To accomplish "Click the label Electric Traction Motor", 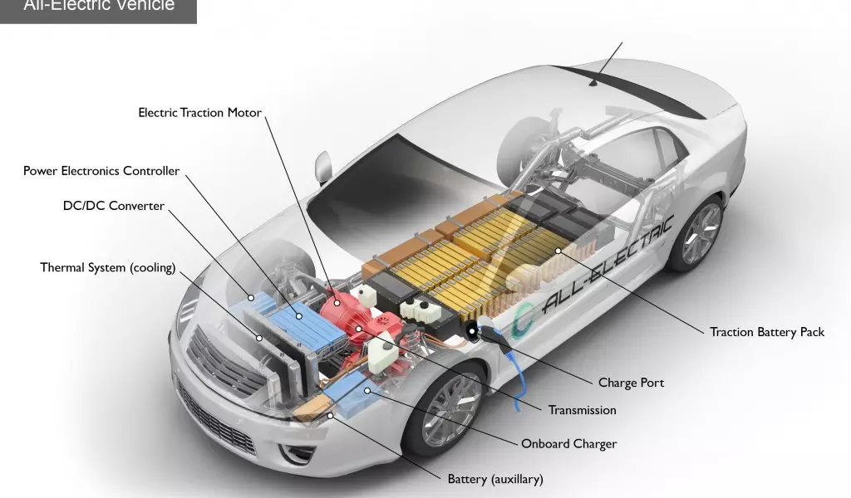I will pos(199,112).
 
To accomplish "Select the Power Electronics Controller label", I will pos(101,171).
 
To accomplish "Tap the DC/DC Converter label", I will pos(114,205).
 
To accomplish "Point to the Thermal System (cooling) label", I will pos(108,267).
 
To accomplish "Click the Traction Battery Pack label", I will pos(766,332).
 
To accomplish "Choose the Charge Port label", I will pos(631,383).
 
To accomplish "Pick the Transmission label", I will pos(582,410).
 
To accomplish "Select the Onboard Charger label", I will pos(568,444).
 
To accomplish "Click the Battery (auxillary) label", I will pos(494,479).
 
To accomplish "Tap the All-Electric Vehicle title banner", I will pos(98,8).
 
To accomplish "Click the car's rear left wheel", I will pos(699,232).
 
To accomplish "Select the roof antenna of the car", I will pos(593,81).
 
